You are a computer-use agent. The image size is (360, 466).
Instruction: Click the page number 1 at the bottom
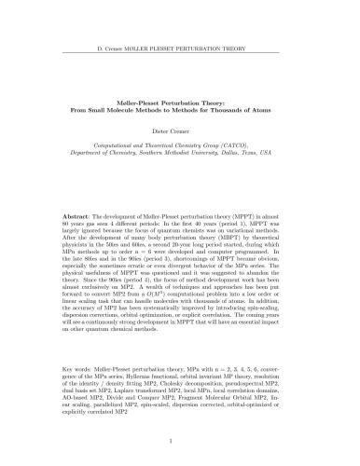[180, 446]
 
